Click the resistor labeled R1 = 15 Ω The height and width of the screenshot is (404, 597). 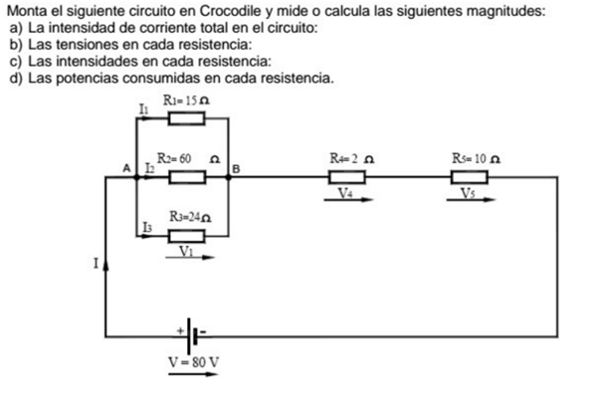[186, 119]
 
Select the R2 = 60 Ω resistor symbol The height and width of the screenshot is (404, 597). [186, 177]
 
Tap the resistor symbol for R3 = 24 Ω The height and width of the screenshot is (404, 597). [186, 236]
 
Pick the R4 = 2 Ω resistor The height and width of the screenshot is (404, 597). [346, 177]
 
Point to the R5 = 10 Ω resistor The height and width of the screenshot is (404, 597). [469, 177]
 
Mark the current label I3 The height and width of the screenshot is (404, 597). [146, 228]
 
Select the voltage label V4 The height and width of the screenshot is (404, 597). [344, 193]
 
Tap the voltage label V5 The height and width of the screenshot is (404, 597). [468, 193]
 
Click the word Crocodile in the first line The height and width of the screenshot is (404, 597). [219, 11]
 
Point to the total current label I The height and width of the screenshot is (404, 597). [96, 265]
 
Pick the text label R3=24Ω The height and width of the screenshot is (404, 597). [191, 216]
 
